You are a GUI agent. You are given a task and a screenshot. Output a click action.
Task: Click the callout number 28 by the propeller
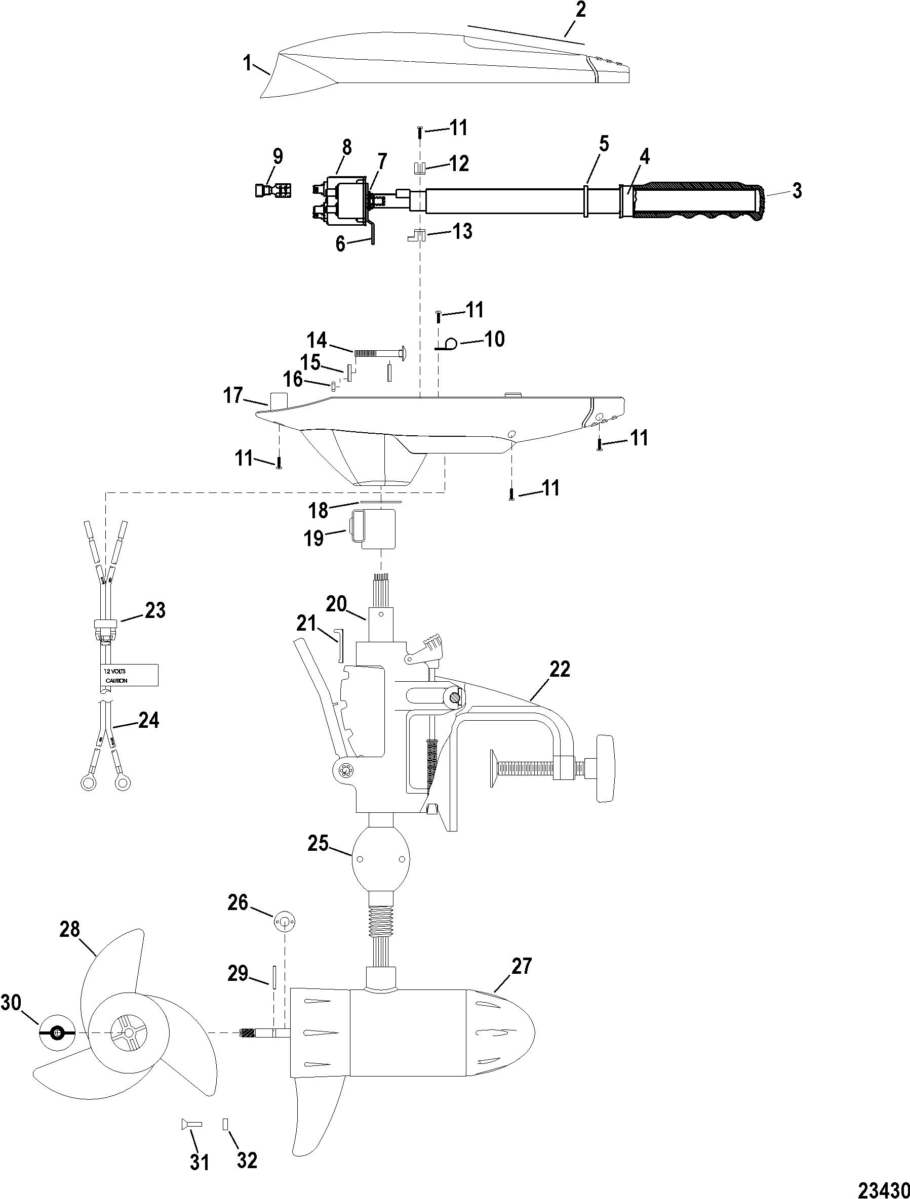(x=70, y=930)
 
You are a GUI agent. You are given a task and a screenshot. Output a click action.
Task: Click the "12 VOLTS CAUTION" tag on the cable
(x=129, y=675)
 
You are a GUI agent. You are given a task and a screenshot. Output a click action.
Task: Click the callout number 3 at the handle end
(x=796, y=191)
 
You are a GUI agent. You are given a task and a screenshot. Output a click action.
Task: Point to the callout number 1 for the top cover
(x=247, y=64)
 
